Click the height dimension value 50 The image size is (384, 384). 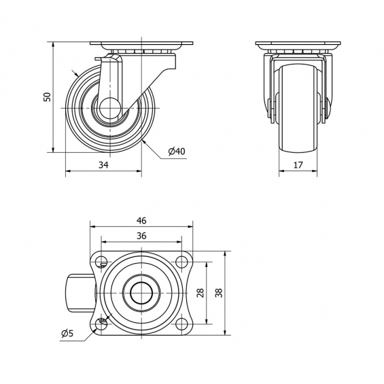tap(47, 97)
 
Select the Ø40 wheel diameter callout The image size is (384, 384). tap(177, 152)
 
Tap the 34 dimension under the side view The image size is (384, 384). tap(103, 165)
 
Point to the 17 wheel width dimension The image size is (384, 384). tap(298, 165)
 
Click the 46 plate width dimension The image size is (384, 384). tap(141, 221)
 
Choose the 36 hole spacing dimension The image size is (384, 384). tap(141, 236)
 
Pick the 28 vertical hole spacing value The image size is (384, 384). tap(200, 293)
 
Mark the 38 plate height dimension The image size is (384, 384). tap(219, 293)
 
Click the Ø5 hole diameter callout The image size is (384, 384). tap(67, 333)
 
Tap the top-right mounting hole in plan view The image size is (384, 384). tap(181, 262)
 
